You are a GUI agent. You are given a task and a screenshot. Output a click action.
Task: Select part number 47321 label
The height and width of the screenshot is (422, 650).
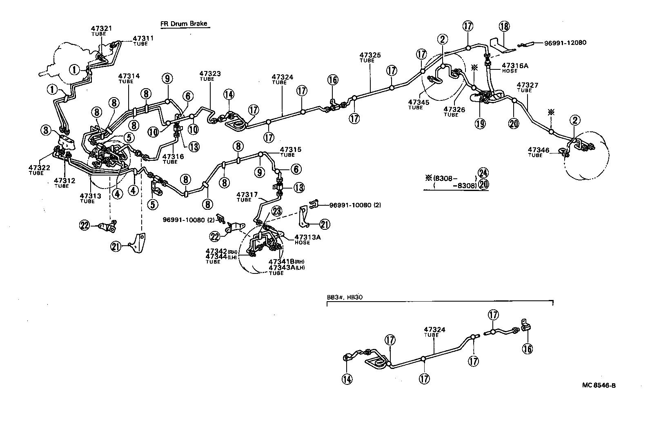pyautogui.click(x=101, y=28)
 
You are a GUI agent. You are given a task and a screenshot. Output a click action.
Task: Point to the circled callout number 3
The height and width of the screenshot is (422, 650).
pyautogui.click(x=46, y=131)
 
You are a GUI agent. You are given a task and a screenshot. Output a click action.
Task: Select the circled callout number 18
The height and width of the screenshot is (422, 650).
pyautogui.click(x=504, y=27)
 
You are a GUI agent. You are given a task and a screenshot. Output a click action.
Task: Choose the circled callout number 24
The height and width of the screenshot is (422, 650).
pyautogui.click(x=483, y=173)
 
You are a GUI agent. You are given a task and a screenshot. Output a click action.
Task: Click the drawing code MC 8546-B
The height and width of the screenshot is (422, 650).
pyautogui.click(x=599, y=384)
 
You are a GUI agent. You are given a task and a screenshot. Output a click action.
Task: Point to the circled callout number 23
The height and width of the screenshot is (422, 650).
pyautogui.click(x=277, y=211)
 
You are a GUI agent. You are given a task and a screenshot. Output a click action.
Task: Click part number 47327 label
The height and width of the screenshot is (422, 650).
pyautogui.click(x=527, y=85)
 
